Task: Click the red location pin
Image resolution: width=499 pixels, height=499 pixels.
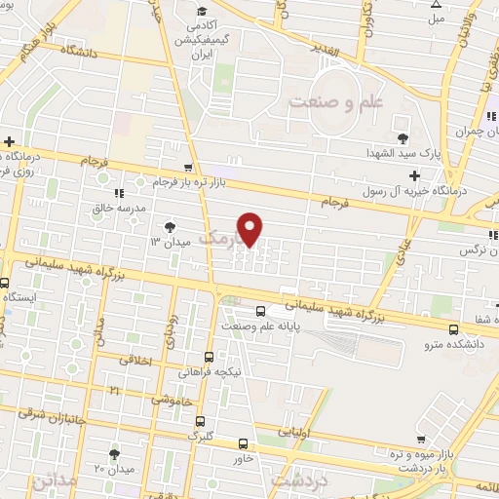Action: [251, 229]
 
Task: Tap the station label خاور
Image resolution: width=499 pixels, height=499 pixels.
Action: [244, 457]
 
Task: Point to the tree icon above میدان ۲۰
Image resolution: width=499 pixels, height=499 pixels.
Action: [114, 454]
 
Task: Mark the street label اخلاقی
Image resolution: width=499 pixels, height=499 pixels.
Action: [136, 360]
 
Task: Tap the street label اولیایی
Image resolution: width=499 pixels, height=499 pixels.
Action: [297, 429]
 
